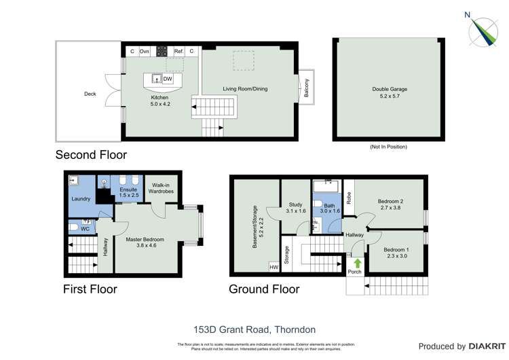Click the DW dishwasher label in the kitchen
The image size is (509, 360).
(168, 79)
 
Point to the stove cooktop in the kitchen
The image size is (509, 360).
(162, 51)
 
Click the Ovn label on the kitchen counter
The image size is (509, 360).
(145, 51)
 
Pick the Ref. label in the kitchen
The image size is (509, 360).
(178, 51)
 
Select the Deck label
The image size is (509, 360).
(90, 94)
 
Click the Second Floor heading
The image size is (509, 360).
(91, 155)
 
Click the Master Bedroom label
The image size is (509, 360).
(145, 243)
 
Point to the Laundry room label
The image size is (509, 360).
(81, 199)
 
